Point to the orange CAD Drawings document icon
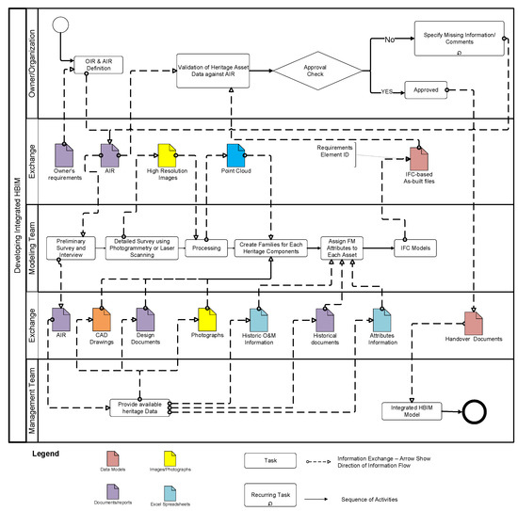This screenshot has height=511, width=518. (103, 320)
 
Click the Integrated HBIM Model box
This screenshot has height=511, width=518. (403, 410)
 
